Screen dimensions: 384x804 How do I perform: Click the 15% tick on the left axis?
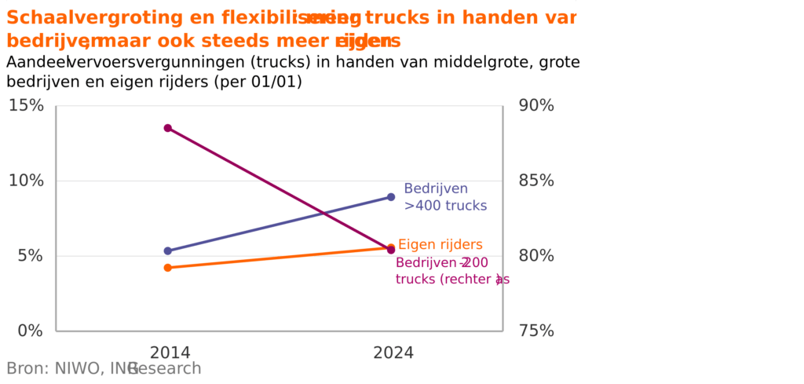(x=26, y=105)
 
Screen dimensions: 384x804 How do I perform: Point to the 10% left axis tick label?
(x=26, y=181)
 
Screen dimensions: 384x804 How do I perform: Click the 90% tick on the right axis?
(x=537, y=105)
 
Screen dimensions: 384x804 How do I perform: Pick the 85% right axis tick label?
(x=537, y=181)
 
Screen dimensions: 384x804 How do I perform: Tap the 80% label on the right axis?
(x=537, y=256)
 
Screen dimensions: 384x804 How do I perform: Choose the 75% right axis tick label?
(x=537, y=331)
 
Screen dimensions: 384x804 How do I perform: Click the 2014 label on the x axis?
(x=170, y=353)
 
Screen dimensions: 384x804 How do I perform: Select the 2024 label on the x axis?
(x=393, y=353)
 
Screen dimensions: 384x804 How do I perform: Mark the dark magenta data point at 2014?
(x=168, y=128)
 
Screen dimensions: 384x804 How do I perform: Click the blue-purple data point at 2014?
(x=168, y=251)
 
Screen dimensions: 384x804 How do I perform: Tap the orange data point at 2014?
(x=168, y=268)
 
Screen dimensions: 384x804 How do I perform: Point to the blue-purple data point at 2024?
(x=391, y=197)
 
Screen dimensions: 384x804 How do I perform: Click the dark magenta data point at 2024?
(x=391, y=250)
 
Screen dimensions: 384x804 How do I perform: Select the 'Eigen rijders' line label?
(x=440, y=245)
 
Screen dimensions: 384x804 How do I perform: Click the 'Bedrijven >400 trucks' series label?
(x=445, y=197)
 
